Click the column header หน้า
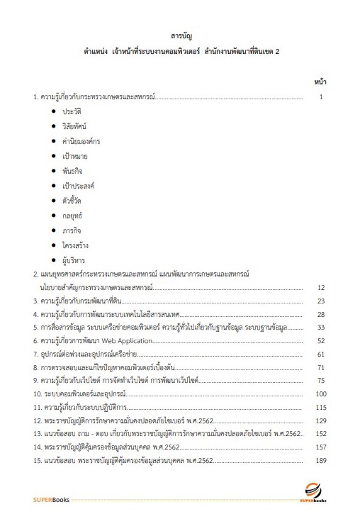tap(320, 82)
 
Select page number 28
tap(320, 314)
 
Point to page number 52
tap(320, 340)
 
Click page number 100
tap(320, 394)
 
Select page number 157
tap(320, 447)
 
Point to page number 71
tap(320, 367)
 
